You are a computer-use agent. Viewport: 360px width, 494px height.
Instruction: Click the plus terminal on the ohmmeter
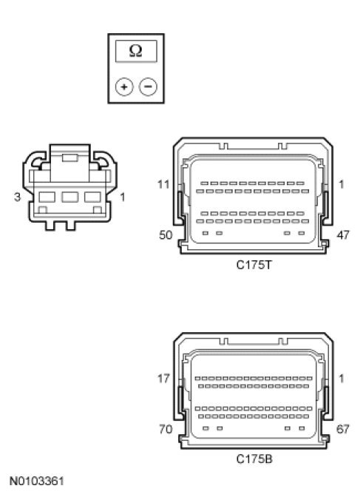(124, 87)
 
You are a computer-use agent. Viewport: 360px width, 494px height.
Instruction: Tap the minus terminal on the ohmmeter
(148, 87)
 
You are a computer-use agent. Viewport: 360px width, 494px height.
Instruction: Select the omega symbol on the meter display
(136, 51)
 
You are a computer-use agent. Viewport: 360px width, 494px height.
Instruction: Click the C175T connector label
(254, 265)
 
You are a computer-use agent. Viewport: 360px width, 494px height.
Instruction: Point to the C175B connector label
(254, 459)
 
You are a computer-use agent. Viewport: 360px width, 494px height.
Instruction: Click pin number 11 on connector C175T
(163, 184)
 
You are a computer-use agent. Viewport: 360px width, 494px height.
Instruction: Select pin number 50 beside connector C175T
(166, 235)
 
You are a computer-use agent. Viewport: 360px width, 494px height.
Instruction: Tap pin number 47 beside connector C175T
(343, 235)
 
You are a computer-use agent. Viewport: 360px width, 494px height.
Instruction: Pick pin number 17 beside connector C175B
(163, 378)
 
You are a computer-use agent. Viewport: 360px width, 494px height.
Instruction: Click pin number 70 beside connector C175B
(166, 429)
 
